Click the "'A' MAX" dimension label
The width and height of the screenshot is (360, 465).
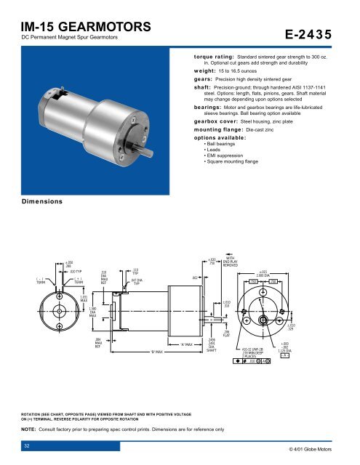pyautogui.click(x=183, y=344)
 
